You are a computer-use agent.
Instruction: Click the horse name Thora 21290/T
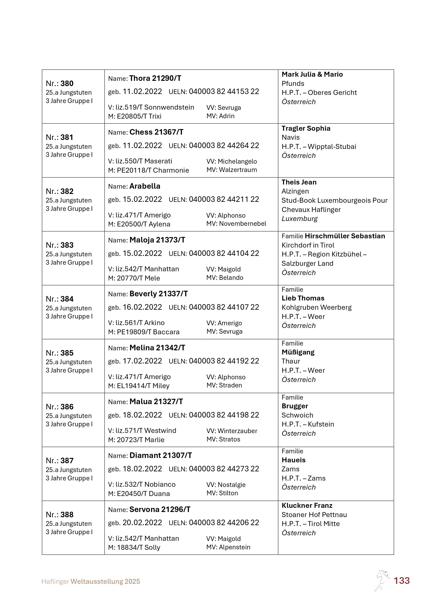pos(155,78)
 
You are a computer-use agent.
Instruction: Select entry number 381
pos(60,137)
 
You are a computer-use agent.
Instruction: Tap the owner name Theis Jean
pos(299,182)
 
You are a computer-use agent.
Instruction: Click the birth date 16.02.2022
pos(142,307)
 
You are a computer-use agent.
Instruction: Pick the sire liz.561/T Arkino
pos(140,323)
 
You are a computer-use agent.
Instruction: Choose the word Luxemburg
pos(299,219)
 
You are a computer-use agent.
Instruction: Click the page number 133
pos(402,581)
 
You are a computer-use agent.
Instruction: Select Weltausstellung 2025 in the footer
pos(105,582)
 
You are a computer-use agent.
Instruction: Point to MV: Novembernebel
pos(236,224)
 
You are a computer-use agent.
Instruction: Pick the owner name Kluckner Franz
pos(307,505)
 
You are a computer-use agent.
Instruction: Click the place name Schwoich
pos(297,415)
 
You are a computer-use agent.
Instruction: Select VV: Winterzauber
pos(232,431)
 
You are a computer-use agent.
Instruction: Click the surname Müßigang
pos(298,352)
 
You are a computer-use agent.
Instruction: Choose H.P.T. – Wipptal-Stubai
pos(319,147)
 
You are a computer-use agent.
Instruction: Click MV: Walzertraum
pos(232,170)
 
